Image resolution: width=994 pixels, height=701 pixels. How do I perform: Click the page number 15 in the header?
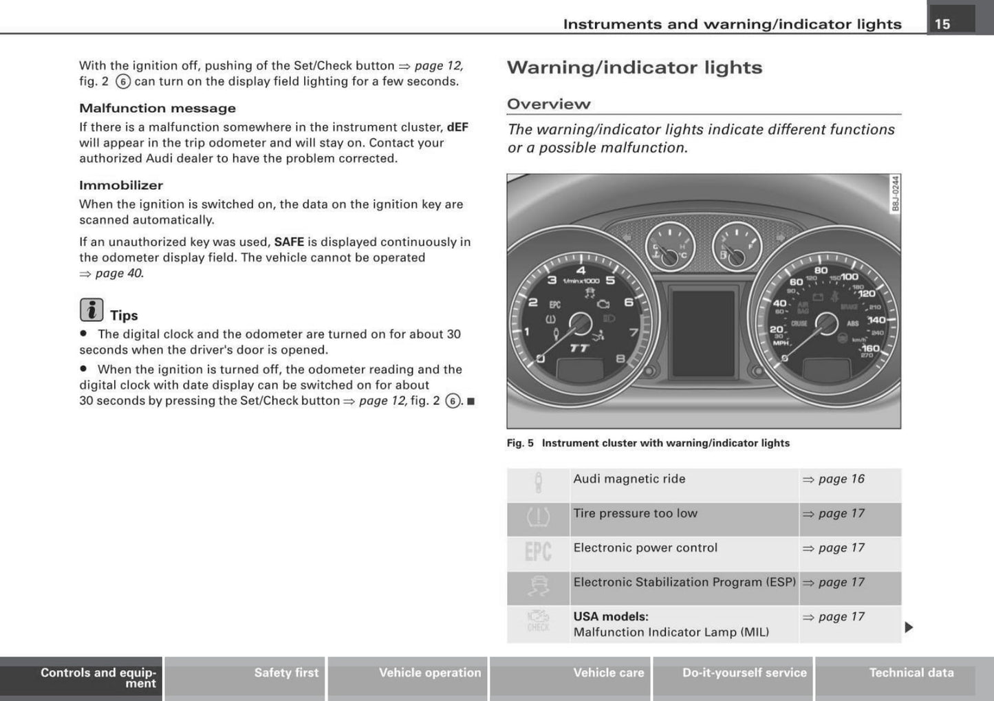click(942, 24)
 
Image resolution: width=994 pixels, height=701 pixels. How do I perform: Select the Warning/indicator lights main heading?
click(634, 67)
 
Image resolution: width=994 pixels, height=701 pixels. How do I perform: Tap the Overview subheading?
click(548, 104)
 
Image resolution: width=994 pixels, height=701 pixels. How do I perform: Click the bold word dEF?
click(457, 127)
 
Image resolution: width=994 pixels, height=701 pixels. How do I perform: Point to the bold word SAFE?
click(289, 242)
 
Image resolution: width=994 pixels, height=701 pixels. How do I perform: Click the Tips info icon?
click(91, 310)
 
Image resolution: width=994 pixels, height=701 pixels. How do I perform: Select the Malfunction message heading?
click(157, 108)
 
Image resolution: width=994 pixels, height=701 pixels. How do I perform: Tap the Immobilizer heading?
click(121, 185)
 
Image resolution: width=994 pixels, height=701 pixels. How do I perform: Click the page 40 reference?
click(118, 273)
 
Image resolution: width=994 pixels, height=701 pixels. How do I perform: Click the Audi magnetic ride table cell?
click(629, 479)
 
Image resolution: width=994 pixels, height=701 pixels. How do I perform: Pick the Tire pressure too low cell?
click(635, 513)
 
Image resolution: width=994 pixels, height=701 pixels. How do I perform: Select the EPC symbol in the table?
click(538, 552)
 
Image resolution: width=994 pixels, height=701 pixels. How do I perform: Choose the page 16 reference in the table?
click(841, 479)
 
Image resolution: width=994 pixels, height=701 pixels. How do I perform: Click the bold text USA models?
click(610, 616)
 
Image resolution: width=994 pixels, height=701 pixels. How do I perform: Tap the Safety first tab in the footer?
click(286, 673)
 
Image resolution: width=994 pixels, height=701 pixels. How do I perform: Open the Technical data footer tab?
click(911, 673)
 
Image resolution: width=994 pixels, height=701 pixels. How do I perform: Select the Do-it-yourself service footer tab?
click(744, 673)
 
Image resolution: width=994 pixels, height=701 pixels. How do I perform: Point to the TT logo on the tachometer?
click(579, 349)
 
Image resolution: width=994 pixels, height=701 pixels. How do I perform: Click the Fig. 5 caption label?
click(520, 443)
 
